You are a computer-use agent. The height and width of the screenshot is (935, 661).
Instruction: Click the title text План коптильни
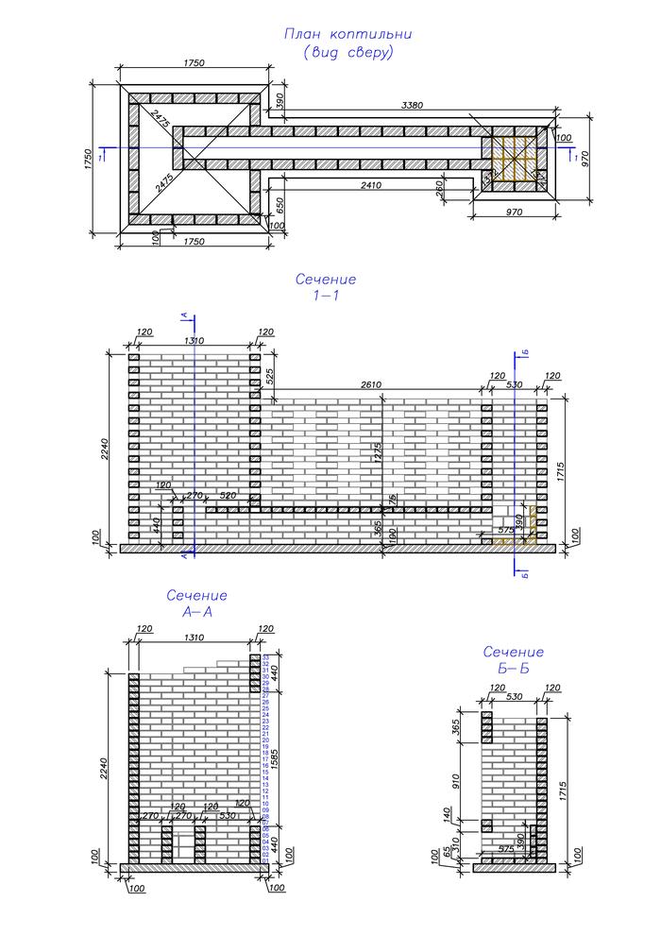click(x=347, y=35)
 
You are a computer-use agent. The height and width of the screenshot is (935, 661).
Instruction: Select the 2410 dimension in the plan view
click(x=370, y=186)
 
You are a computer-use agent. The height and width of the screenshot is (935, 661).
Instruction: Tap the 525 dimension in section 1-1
click(x=272, y=376)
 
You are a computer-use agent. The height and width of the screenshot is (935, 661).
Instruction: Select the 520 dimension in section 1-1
click(x=228, y=495)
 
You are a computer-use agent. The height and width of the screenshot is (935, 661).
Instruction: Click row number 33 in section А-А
click(x=266, y=655)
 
